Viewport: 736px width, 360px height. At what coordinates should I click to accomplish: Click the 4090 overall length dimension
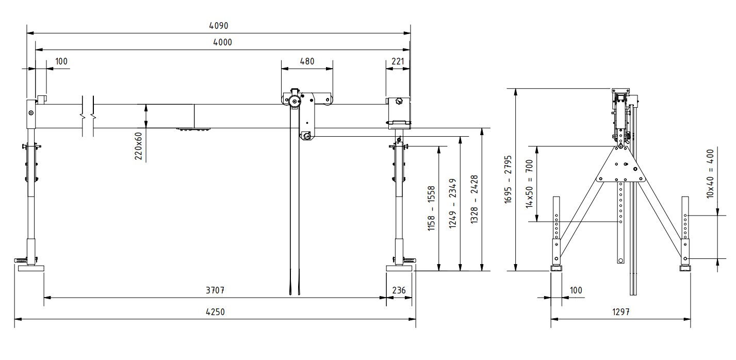[219, 25]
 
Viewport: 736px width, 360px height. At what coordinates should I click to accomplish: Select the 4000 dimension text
[222, 42]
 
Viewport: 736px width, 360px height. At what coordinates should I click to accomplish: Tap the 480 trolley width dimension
[306, 61]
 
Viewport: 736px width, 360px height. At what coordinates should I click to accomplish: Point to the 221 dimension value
[398, 61]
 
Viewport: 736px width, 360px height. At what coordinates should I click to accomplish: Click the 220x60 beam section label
[138, 145]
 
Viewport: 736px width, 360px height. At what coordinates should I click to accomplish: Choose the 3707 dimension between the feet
[215, 290]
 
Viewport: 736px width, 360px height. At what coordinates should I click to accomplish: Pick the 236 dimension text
[399, 290]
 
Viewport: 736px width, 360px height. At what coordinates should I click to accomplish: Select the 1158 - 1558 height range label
[432, 208]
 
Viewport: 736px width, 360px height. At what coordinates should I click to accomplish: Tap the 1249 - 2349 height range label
[453, 204]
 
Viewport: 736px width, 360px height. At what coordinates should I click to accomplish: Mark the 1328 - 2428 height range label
[475, 199]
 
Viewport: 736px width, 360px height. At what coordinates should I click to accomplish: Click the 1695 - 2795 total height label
[508, 179]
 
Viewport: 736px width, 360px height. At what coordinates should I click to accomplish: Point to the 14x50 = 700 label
[529, 184]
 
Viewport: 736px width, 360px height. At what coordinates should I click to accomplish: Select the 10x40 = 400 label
[710, 173]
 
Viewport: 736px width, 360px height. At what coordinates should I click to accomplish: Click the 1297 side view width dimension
[620, 312]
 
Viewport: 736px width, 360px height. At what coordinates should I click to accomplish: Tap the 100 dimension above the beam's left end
[61, 61]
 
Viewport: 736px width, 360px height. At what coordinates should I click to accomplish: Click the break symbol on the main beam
[87, 116]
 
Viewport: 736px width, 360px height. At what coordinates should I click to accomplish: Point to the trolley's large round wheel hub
[294, 102]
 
